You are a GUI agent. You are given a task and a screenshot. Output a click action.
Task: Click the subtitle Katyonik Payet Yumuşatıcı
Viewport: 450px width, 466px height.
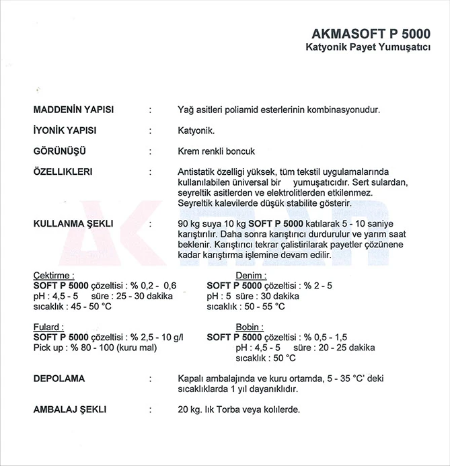click(368, 48)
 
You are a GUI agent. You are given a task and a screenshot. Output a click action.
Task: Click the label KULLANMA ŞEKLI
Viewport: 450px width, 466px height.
click(73, 223)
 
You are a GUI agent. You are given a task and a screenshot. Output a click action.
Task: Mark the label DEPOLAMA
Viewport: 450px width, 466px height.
click(59, 379)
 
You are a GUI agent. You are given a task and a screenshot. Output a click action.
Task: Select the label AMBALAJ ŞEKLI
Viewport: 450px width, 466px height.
click(70, 409)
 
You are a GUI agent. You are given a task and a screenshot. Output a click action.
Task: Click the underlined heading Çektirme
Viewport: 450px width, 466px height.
click(54, 275)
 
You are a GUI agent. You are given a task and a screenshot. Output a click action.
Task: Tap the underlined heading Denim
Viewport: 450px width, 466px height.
click(251, 275)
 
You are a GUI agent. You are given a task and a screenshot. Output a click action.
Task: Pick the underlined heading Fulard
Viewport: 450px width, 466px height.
click(48, 327)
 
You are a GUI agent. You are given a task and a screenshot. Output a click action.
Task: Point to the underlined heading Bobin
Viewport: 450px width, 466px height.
click(250, 327)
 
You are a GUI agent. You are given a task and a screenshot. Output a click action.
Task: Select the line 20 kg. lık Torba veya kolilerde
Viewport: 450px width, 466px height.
click(239, 409)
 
